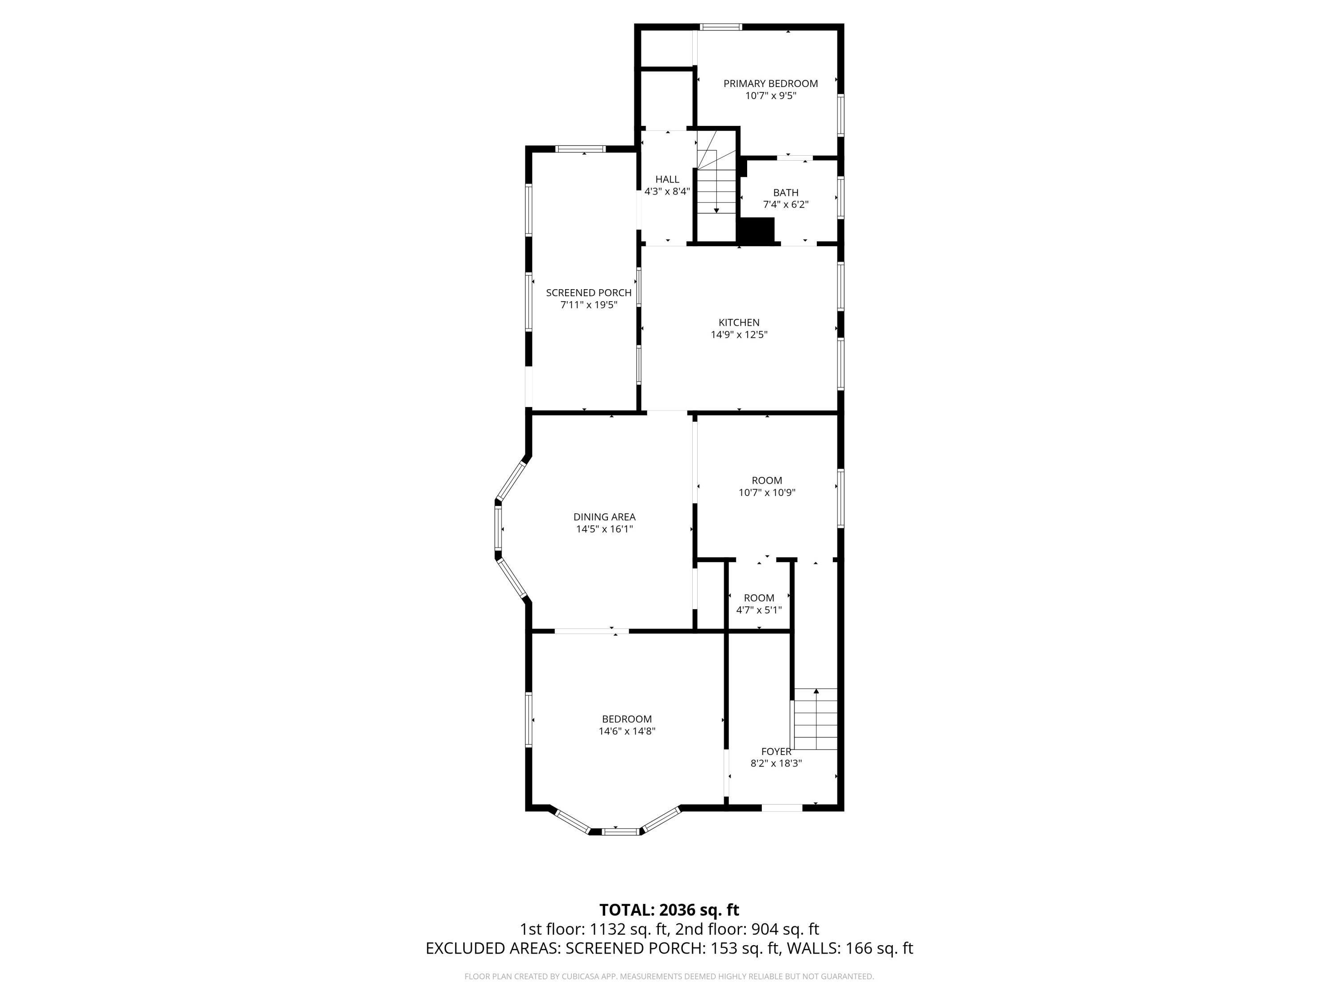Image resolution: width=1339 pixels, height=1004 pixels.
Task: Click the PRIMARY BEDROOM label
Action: pos(770,83)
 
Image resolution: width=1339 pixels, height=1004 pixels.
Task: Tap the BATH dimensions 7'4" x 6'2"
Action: pos(785,204)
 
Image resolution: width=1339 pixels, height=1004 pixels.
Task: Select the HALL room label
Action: pos(667,179)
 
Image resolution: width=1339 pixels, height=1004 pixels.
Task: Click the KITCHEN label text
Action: pos(739,323)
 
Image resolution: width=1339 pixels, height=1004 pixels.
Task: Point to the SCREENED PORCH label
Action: pos(588,293)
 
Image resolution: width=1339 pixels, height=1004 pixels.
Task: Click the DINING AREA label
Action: pos(604,517)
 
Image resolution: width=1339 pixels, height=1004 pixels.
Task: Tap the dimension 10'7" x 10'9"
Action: pos(766,493)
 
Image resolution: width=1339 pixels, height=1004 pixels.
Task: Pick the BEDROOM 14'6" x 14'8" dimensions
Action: pos(627,731)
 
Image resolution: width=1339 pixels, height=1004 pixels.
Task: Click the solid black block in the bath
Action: pos(757,231)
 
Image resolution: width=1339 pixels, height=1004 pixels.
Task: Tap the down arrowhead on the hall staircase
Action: pos(716,211)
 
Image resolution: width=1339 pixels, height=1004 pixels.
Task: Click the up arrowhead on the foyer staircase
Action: pos(815,691)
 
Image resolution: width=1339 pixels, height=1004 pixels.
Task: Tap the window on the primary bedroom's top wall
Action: pos(720,27)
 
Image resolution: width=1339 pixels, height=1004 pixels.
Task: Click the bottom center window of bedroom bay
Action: pos(621,831)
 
